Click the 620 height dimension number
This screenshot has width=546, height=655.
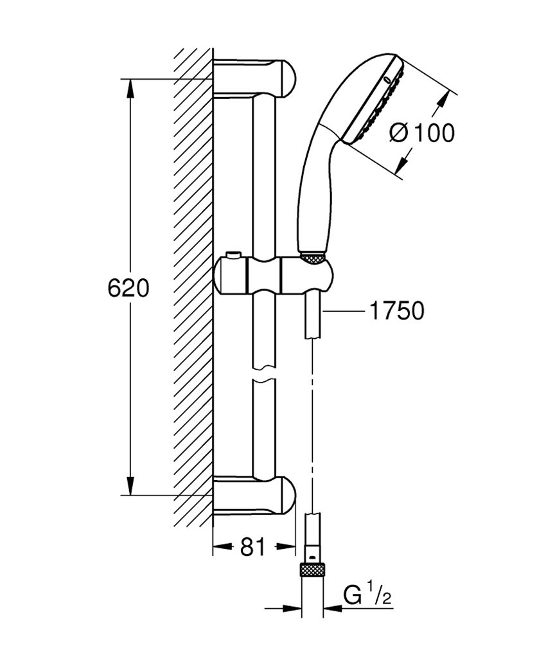click(128, 288)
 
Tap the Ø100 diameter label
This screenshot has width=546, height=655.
click(422, 133)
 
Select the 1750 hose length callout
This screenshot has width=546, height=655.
click(396, 311)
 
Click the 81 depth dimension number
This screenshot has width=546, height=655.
click(252, 547)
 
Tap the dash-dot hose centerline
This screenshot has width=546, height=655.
click(312, 424)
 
